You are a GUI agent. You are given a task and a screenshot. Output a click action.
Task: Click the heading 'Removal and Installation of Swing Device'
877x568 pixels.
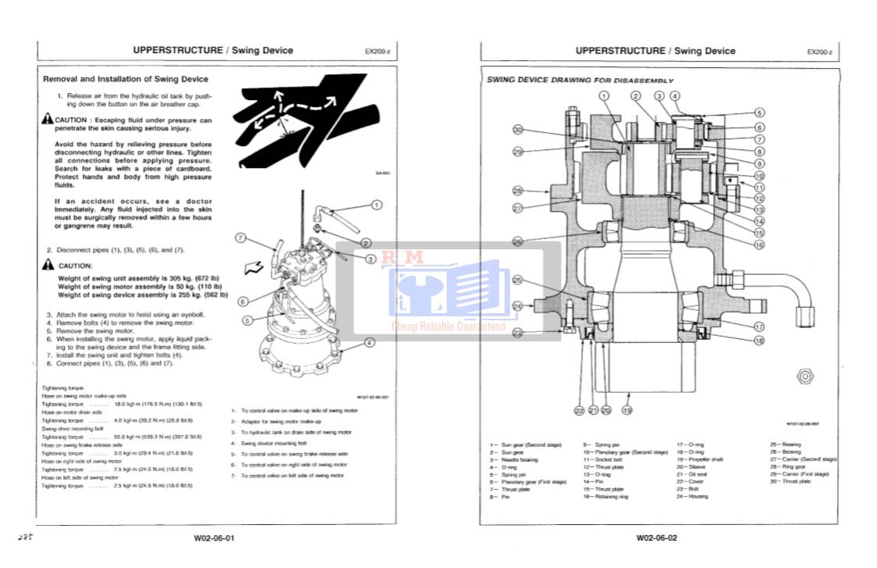[x=125, y=79]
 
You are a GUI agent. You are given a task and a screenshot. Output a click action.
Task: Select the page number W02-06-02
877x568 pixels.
[x=656, y=538]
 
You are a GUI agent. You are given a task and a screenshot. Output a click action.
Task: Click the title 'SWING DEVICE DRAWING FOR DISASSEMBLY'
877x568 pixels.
[x=580, y=80]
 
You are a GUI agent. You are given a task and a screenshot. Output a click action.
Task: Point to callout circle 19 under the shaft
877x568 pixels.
[x=626, y=409]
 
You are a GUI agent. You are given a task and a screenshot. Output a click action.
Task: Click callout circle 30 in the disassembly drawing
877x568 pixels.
[x=518, y=130]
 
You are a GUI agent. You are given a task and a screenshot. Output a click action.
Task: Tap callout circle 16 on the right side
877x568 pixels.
[x=759, y=245]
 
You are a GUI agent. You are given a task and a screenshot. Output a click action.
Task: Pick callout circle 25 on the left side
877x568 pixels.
[x=517, y=280]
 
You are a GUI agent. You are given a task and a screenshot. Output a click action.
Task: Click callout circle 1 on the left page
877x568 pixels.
[x=376, y=205]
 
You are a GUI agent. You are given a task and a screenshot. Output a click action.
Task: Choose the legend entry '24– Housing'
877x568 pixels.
[x=692, y=496]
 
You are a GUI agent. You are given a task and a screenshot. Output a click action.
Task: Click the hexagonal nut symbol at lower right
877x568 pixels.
[x=804, y=377]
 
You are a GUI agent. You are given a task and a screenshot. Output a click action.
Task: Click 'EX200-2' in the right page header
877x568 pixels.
[x=819, y=52]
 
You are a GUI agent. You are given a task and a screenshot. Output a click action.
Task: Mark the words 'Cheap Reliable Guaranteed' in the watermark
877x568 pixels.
[x=448, y=327]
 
